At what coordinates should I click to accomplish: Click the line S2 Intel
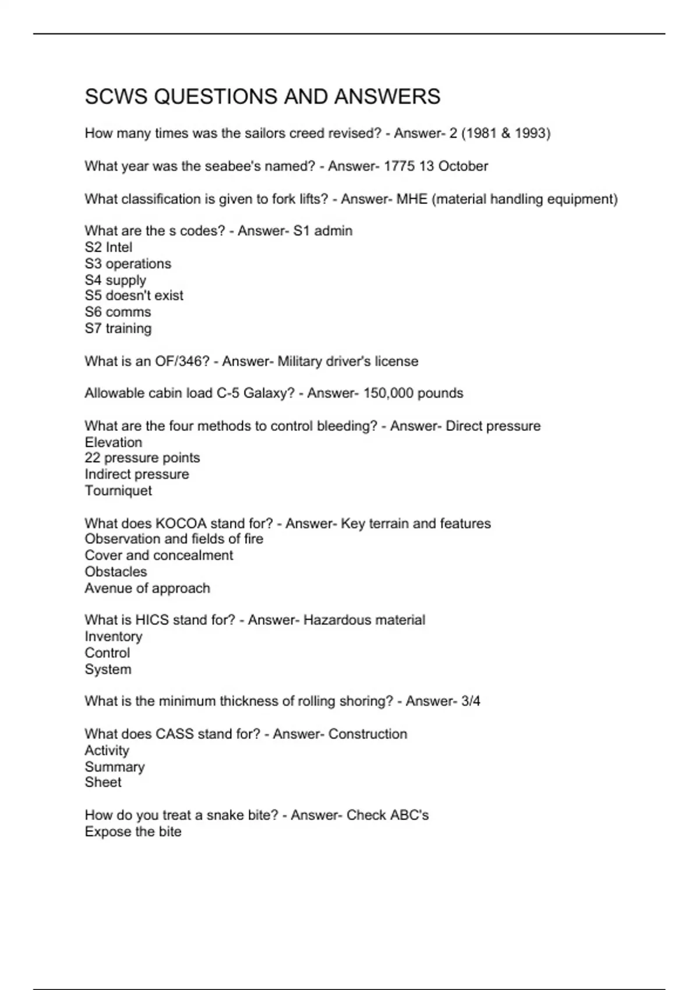click(x=108, y=248)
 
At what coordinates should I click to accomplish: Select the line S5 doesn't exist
click(x=134, y=296)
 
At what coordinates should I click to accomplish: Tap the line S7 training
click(x=118, y=328)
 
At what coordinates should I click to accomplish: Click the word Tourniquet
click(x=118, y=491)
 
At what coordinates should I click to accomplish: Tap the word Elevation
click(x=113, y=443)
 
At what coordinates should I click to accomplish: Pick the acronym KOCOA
click(x=181, y=524)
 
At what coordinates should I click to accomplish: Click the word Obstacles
click(x=116, y=572)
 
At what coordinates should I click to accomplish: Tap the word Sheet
click(x=103, y=783)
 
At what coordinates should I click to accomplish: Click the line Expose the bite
click(x=133, y=832)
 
